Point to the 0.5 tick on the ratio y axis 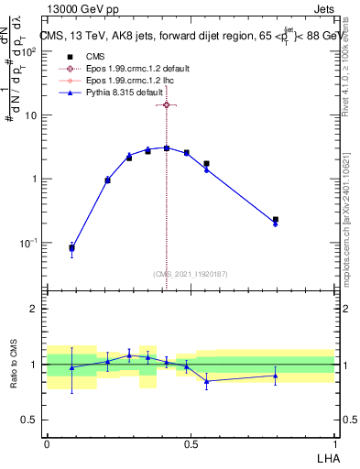coord(32,420)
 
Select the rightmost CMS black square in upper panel coord(276,220)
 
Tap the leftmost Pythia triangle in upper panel coord(72,248)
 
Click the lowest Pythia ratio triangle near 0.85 coord(207,381)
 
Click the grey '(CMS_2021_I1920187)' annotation coord(190,273)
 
